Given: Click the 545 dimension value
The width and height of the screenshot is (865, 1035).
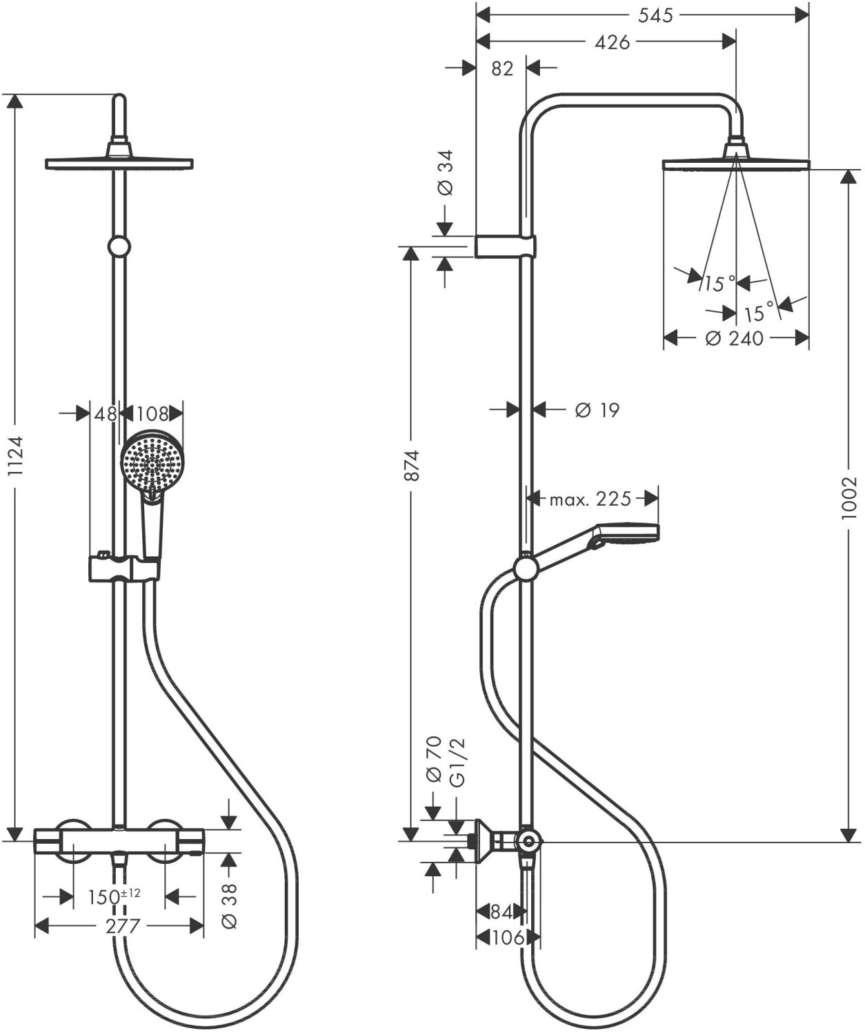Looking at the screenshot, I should click(x=655, y=15).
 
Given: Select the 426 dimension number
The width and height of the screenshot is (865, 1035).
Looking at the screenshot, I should click(x=613, y=42).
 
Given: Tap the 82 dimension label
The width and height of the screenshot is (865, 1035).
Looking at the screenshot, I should click(x=503, y=68).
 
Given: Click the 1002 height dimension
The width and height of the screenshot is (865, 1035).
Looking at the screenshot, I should click(x=848, y=497).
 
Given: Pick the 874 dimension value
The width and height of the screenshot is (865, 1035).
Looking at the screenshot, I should click(x=412, y=465).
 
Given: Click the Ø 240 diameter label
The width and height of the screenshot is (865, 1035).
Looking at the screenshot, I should click(x=735, y=338).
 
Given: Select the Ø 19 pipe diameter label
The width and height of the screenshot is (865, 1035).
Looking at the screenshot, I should click(x=597, y=410).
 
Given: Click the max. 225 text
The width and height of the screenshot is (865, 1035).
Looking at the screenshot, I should click(x=590, y=498).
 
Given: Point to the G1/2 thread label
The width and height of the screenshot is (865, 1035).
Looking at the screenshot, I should click(x=458, y=762).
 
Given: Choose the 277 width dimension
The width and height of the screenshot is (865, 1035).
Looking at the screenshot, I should click(x=122, y=926).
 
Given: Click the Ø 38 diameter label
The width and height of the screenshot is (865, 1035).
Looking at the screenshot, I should click(x=230, y=905).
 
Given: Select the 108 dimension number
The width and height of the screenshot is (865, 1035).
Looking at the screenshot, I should click(x=152, y=413).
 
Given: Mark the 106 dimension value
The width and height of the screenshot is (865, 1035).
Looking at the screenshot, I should click(x=508, y=938).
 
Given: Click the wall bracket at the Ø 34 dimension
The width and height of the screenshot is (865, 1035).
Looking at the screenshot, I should click(x=505, y=246).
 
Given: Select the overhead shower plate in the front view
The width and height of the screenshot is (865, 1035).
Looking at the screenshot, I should click(x=119, y=164).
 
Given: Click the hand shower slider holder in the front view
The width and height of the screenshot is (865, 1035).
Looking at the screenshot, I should click(x=124, y=568).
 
